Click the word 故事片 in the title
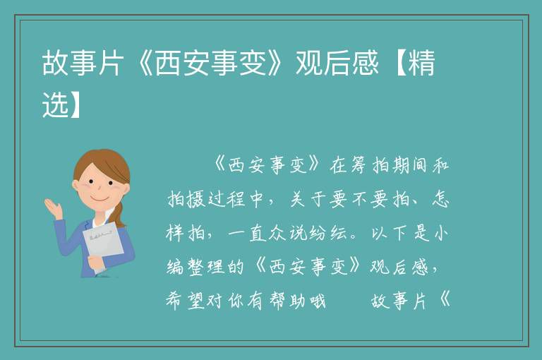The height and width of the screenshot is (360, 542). (83, 63)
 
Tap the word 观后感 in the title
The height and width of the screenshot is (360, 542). (337, 63)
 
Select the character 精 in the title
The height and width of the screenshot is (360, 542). (421, 63)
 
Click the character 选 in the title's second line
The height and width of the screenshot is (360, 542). (55, 104)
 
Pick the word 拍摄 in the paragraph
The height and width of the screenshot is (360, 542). (186, 199)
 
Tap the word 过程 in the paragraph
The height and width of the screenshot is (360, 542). (227, 199)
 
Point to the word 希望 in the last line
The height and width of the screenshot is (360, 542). (186, 301)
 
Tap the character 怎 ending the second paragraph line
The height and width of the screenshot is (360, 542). (440, 199)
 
